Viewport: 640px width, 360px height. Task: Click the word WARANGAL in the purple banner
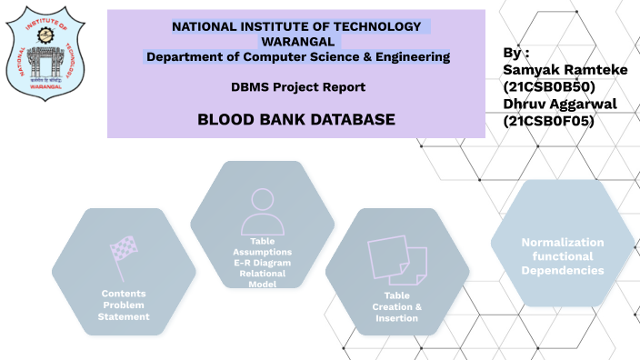pos(298,42)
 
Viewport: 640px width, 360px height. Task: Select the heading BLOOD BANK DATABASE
pos(296,119)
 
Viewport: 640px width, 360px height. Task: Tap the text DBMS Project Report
pos(298,87)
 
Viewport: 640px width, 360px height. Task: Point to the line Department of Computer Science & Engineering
pos(298,57)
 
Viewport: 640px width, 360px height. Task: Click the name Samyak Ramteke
pos(559,70)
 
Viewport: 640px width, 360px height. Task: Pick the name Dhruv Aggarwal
pos(559,104)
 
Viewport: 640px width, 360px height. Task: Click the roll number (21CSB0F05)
pos(548,120)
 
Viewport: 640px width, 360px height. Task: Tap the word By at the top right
pos(515,54)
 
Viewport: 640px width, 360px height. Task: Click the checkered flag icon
pos(123,249)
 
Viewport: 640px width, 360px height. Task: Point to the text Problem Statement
pos(124,311)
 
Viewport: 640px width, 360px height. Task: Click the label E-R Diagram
pos(262,262)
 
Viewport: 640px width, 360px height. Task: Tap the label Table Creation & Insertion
pos(396,306)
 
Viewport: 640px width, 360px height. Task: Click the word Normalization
pos(562,242)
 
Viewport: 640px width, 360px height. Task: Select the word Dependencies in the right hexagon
pos(562,271)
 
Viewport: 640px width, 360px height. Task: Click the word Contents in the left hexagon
pos(124,294)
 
